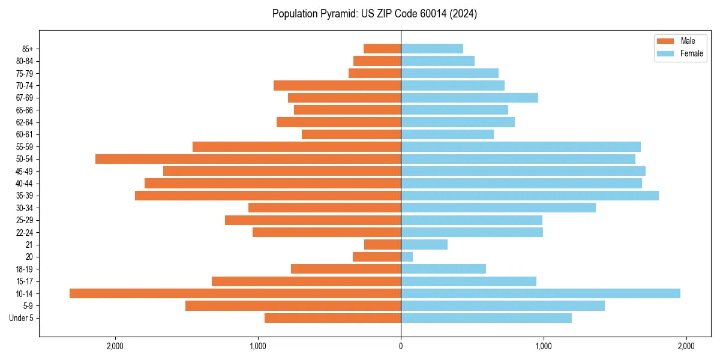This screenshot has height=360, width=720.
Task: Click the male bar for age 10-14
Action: [x=235, y=293]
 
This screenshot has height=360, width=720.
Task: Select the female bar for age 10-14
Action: [x=540, y=293]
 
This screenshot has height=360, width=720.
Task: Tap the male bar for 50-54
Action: [x=248, y=159]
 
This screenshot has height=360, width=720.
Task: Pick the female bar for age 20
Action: [x=407, y=257]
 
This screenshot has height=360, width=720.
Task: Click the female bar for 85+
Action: [x=432, y=49]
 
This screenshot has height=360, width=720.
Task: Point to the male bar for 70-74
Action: [x=337, y=85]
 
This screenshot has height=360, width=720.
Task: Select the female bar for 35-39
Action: [x=529, y=196]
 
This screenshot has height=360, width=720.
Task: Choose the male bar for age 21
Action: [x=382, y=245]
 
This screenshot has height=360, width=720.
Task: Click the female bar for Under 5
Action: [x=486, y=318]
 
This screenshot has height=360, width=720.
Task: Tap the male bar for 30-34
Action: [x=325, y=208]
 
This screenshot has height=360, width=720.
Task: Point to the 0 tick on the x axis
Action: [x=401, y=346]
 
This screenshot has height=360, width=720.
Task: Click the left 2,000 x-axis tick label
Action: [x=115, y=346]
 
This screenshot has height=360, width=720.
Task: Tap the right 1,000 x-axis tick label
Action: [x=543, y=346]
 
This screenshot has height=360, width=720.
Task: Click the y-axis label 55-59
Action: [x=24, y=146]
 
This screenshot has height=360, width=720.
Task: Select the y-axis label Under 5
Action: [x=22, y=318]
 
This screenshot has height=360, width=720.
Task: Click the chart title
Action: [x=374, y=14]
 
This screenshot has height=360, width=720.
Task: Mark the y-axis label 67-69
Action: [x=24, y=98]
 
